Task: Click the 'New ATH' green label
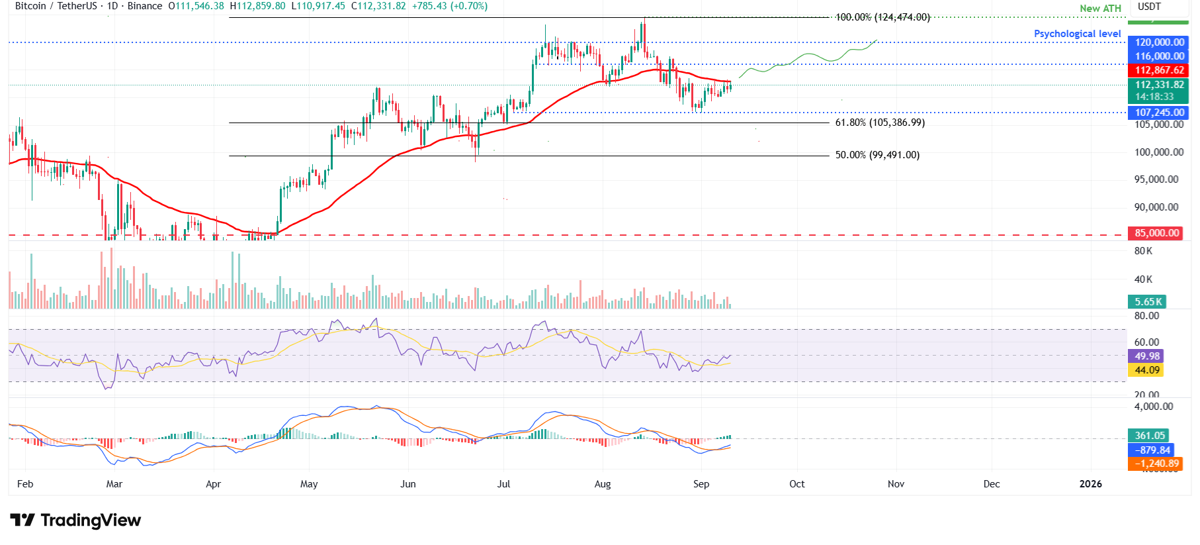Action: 1100,9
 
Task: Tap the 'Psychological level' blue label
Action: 1077,34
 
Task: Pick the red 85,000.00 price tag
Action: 1157,233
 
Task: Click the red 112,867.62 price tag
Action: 1159,70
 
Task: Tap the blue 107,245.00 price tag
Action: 1159,113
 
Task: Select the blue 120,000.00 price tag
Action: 1159,42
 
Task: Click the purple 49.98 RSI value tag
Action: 1147,356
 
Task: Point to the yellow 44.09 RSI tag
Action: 1147,370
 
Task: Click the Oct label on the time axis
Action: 796,484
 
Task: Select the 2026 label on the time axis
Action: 1090,484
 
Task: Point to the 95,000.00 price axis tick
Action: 1156,179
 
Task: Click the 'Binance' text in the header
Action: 145,6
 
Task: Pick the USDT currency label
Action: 1149,7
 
